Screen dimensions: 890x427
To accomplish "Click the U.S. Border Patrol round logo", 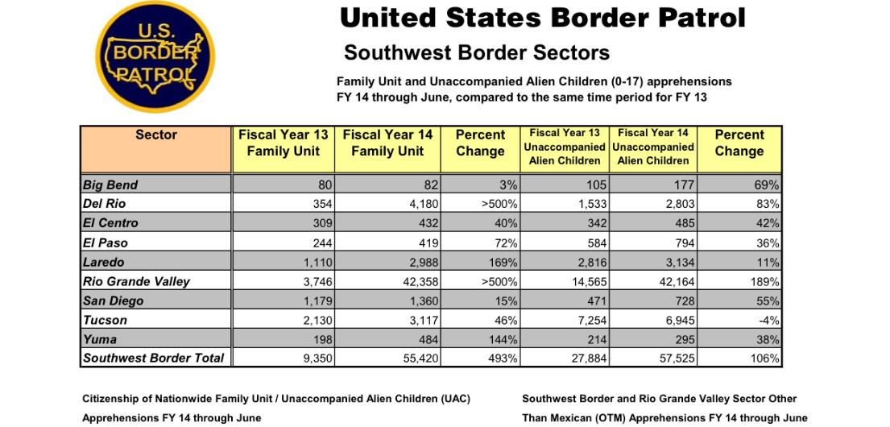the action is click(155, 56).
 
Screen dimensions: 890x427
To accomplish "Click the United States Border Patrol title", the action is click(542, 19).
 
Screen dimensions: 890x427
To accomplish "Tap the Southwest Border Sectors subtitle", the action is click(477, 53).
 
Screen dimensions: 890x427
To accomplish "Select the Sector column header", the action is click(156, 149).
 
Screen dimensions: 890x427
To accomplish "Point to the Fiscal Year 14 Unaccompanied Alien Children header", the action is click(653, 147).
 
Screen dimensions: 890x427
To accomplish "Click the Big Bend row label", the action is click(110, 184).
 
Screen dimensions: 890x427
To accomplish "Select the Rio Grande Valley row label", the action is click(137, 281).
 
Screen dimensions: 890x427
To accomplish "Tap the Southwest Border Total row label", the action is click(154, 359).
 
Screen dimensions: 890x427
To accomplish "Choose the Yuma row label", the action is click(100, 339).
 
